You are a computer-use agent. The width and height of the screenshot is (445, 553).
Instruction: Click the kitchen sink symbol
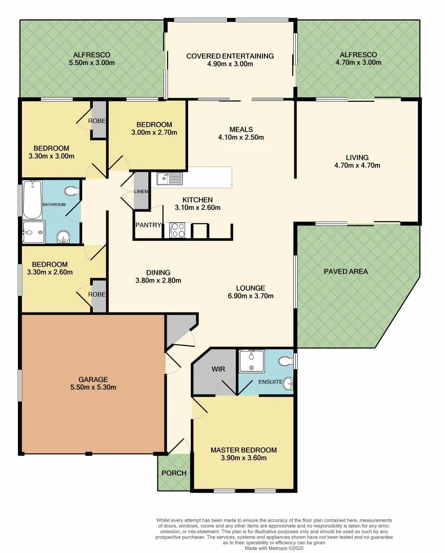[170, 179]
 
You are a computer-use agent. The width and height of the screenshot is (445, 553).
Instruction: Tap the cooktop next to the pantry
[177, 230]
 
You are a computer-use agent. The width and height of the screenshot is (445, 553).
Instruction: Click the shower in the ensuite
[251, 361]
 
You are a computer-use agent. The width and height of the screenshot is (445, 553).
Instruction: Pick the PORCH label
[174, 473]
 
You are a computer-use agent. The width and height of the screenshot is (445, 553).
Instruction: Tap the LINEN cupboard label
[141, 192]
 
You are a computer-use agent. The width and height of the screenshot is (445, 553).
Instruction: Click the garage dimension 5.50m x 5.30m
[93, 387]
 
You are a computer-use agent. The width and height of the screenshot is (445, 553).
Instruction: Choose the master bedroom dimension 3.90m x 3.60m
[244, 458]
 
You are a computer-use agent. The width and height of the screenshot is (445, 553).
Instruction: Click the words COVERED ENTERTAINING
[230, 56]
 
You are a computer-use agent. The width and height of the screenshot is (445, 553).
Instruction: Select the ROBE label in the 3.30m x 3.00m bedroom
[98, 121]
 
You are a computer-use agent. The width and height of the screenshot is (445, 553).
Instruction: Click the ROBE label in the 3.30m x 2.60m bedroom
[98, 294]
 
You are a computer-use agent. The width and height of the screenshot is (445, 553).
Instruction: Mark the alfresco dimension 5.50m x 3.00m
[91, 62]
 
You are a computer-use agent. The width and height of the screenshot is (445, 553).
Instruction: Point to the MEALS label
[241, 129]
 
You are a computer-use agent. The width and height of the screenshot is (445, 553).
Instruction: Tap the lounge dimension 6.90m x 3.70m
[250, 296]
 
